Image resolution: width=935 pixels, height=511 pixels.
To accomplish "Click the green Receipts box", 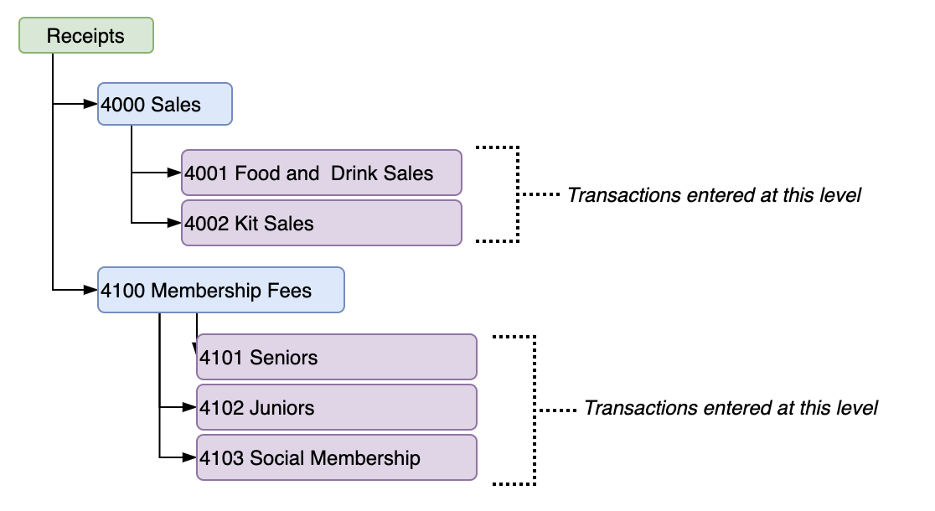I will [85, 36].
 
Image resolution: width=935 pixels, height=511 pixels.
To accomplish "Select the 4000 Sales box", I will [164, 104].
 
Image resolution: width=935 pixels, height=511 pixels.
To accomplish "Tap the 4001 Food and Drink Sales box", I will [322, 173].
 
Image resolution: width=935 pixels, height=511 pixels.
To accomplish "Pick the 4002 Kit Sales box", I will [322, 223].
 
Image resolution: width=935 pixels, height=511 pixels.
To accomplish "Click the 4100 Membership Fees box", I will [220, 290].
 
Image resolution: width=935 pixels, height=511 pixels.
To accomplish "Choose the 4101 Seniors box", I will [336, 357].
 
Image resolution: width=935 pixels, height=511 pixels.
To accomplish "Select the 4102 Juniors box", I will [336, 407].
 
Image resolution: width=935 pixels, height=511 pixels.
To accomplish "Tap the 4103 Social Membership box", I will [336, 457].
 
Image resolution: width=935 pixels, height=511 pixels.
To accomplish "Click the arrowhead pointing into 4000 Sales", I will [91, 104].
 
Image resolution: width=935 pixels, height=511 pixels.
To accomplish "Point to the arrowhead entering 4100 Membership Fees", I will [91, 290].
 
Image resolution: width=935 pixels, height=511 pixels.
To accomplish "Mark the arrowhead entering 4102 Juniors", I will [190, 407].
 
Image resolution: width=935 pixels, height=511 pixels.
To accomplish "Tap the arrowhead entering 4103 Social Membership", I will [190, 457].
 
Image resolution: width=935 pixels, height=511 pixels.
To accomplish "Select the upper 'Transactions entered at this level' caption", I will [714, 195].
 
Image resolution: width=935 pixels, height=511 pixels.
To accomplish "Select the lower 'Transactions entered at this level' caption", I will [731, 408].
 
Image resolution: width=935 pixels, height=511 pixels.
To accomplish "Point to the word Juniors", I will [282, 408].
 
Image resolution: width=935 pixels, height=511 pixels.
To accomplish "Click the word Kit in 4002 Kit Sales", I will [247, 224].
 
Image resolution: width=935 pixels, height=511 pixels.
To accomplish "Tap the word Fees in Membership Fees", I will [289, 291].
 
